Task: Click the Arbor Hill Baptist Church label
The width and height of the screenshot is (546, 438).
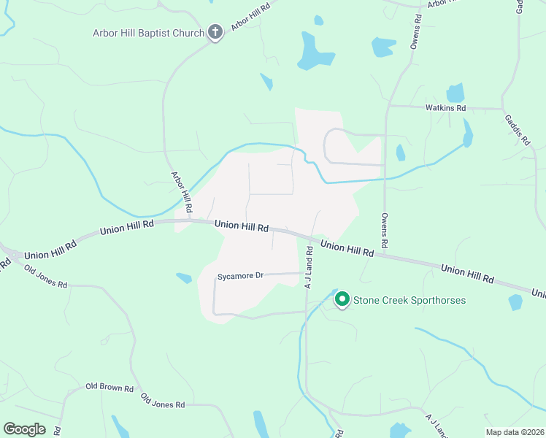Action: (x=148, y=33)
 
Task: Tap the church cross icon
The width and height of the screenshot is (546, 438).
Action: (x=215, y=32)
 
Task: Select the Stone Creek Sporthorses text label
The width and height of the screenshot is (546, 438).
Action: (x=409, y=300)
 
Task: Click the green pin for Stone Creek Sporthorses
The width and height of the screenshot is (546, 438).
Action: (x=341, y=299)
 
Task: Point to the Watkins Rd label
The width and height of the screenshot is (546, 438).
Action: (x=445, y=108)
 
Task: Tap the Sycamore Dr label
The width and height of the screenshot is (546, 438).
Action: (x=239, y=277)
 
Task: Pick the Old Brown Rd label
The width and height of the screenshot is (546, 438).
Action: (x=109, y=388)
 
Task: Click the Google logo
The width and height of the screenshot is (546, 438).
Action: (x=24, y=429)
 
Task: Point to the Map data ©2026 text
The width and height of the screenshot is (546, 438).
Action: (x=515, y=432)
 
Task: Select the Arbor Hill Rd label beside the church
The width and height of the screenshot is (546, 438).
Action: (x=251, y=17)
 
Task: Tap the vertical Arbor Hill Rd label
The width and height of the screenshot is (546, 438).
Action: (x=181, y=193)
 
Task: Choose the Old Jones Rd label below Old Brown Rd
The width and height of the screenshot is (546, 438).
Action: (x=163, y=401)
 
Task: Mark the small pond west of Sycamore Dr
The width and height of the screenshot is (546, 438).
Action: (x=184, y=278)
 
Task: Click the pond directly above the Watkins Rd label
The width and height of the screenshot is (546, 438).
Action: (x=455, y=93)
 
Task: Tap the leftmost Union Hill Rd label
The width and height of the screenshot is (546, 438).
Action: (x=50, y=251)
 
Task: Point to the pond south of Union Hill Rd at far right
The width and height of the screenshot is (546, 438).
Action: (x=515, y=302)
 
